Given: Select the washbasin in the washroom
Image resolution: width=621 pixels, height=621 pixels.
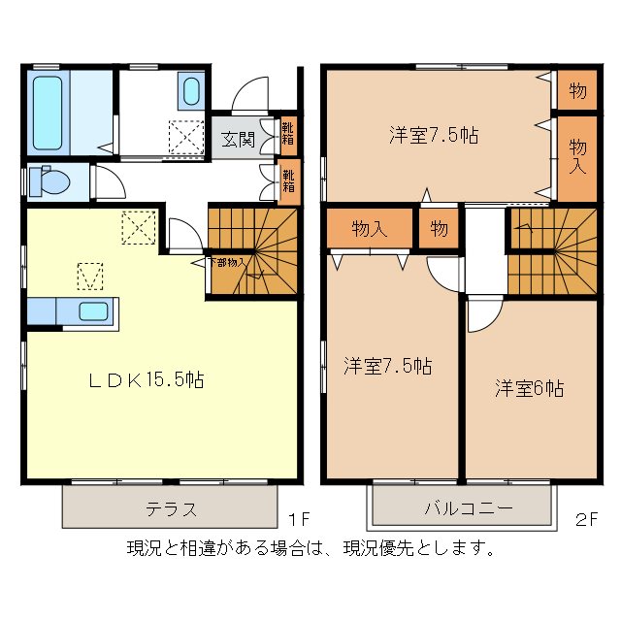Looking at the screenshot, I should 190,94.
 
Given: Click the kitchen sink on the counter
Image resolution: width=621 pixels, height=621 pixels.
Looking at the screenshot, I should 92,312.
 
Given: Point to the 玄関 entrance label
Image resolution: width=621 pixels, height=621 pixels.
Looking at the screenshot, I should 238,139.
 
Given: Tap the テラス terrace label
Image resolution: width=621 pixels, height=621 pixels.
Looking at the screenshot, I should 171,508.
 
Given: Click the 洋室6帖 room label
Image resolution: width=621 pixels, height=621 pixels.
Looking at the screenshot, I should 529,388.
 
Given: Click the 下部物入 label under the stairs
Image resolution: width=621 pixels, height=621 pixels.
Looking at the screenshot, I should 230,262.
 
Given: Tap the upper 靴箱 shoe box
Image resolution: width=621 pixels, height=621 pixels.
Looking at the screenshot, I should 288,133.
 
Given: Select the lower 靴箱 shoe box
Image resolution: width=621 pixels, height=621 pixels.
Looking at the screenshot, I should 288,181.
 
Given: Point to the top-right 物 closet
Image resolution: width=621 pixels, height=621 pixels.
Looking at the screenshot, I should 577,91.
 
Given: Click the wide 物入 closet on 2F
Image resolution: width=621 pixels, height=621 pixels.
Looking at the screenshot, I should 370,229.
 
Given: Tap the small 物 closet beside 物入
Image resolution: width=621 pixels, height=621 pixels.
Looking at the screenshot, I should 439,229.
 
